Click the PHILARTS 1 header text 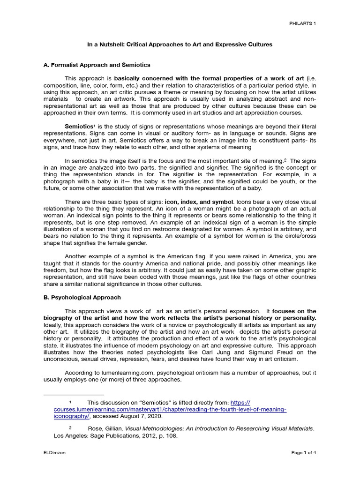(302, 23)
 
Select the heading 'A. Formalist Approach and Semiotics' (97, 65)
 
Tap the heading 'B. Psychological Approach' (82, 297)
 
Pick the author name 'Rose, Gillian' (105, 428)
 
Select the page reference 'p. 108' (168, 435)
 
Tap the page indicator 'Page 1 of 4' (304, 453)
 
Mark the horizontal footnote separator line (74, 395)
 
